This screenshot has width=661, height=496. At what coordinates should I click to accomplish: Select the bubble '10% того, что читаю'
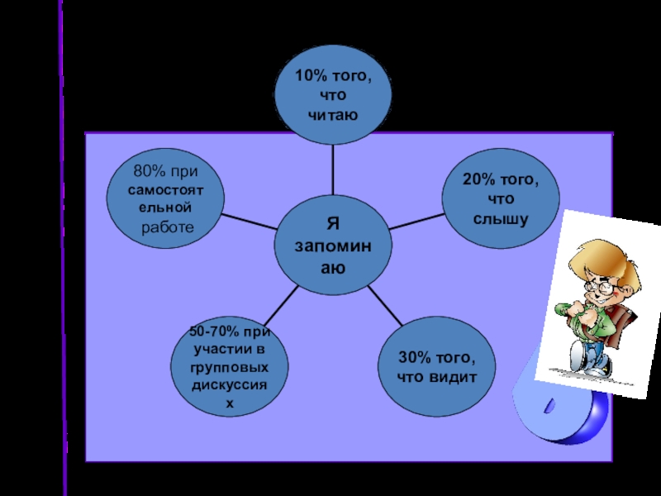[x=333, y=96]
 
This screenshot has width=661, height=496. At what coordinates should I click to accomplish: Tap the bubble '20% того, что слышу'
[x=500, y=199]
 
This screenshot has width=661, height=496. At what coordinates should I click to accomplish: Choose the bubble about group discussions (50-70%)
[x=230, y=367]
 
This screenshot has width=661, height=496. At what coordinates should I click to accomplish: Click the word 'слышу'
[x=500, y=218]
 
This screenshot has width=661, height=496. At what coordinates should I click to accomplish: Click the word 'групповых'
[x=230, y=367]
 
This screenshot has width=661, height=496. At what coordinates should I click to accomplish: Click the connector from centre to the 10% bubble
[x=333, y=169]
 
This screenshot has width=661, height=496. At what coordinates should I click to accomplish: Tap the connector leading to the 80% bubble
[x=250, y=222]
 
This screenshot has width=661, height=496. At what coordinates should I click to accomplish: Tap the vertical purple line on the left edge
[x=63, y=248]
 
